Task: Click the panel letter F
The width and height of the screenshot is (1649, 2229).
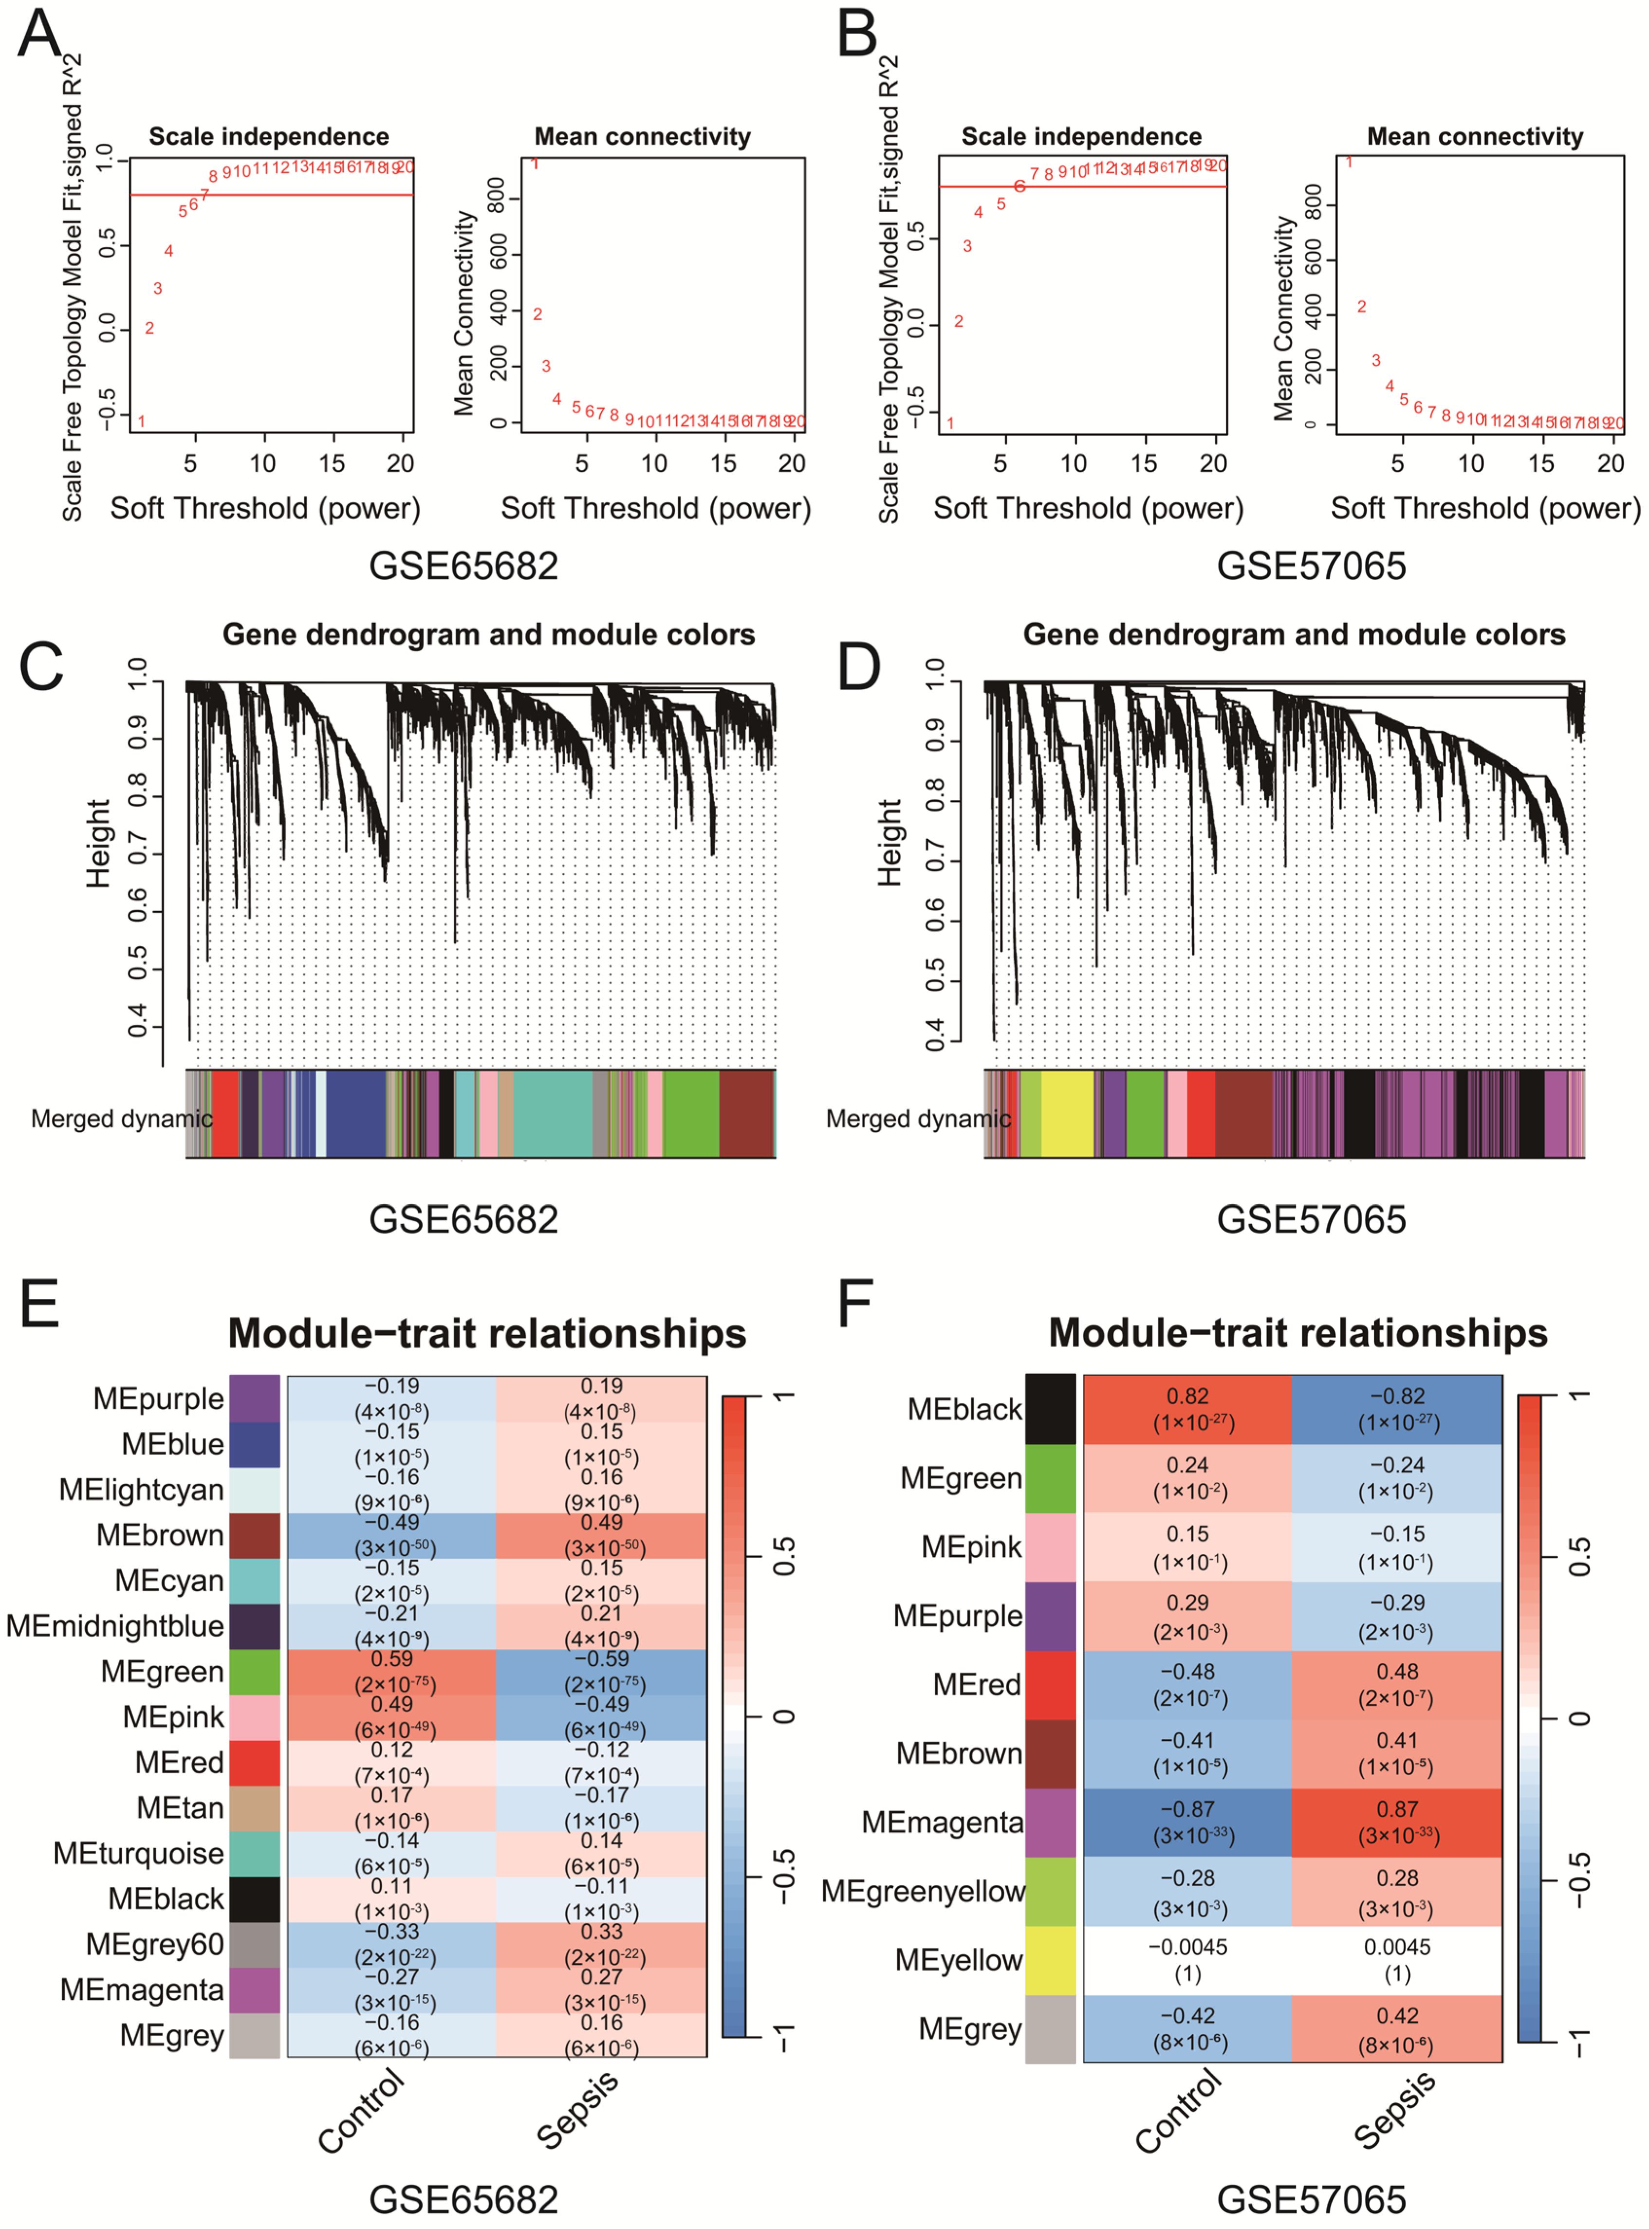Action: (x=855, y=1304)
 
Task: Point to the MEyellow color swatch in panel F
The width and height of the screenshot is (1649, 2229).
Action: (x=1050, y=1960)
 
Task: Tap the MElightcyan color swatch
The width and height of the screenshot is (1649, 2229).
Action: (x=255, y=1490)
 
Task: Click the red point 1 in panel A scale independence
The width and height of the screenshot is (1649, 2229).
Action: (x=142, y=421)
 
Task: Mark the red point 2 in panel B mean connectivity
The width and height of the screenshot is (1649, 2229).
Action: (x=1362, y=306)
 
